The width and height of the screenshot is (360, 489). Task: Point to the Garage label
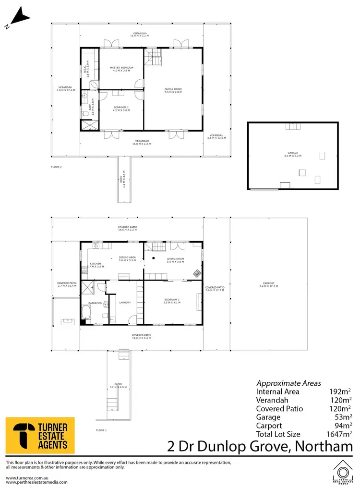pos(292,154)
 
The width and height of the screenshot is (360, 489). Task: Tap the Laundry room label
pos(125,303)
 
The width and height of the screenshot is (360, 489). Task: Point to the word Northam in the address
pos(323,447)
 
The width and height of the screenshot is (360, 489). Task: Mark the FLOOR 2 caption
pos(57,167)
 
